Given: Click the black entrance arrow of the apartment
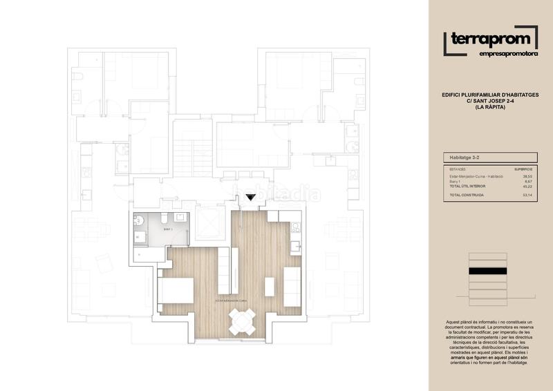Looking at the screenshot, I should tap(250, 199).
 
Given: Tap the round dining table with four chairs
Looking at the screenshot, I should tap(242, 319).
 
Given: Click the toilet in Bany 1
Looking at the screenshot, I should tap(139, 220).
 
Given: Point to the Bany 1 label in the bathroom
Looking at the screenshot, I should tap(167, 227).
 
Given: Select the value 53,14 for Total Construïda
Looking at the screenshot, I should tap(526, 195).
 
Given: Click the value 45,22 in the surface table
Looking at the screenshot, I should tap(526, 186).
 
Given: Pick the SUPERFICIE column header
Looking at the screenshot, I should tap(523, 168).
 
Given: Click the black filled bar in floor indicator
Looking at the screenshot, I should tap(488, 271).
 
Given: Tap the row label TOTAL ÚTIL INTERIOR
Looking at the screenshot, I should tap(467, 186).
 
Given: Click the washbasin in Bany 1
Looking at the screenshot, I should tap(183, 218).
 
